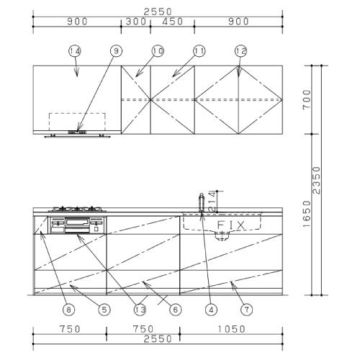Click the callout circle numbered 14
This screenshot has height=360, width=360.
75,51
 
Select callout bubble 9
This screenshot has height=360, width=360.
117,51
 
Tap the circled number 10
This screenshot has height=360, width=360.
158,51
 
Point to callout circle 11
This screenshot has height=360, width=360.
199,51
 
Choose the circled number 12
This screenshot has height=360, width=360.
240,51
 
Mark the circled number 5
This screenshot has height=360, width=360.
104,310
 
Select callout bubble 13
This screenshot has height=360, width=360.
139,310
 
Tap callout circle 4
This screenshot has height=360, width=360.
211,310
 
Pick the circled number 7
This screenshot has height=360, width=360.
246,310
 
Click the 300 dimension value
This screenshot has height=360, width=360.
135,22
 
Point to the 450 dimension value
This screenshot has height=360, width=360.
172,22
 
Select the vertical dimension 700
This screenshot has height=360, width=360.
327,99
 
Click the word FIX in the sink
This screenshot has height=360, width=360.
232,225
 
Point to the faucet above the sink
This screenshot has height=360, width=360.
200,202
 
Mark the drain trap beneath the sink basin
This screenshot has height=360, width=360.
223,238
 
